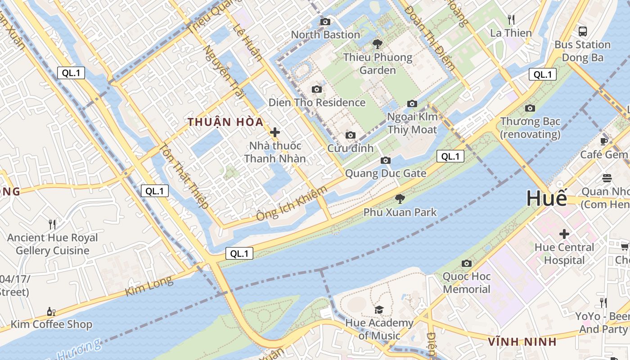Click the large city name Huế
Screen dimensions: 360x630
547,198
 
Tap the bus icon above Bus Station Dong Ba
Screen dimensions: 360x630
583,31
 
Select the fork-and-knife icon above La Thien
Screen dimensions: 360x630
511,20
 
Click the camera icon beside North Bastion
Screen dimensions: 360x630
325,22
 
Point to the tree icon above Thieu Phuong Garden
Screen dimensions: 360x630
377,44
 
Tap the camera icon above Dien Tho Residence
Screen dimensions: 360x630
317,89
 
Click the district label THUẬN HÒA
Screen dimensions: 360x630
225,122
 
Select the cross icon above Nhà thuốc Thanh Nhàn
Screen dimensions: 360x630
275,132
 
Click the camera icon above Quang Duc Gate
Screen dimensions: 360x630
385,161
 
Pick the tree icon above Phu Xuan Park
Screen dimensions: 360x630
400,199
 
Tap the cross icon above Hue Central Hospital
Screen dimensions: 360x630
564,234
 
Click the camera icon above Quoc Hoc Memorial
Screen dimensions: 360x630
467,263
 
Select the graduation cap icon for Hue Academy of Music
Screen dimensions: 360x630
379,310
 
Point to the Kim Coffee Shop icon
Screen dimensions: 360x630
51,311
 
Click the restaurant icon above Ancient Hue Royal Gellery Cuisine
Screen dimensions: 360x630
52,224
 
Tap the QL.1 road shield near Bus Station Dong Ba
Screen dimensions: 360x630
542,74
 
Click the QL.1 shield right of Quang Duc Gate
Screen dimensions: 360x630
450,156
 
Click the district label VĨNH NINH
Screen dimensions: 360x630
522,342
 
